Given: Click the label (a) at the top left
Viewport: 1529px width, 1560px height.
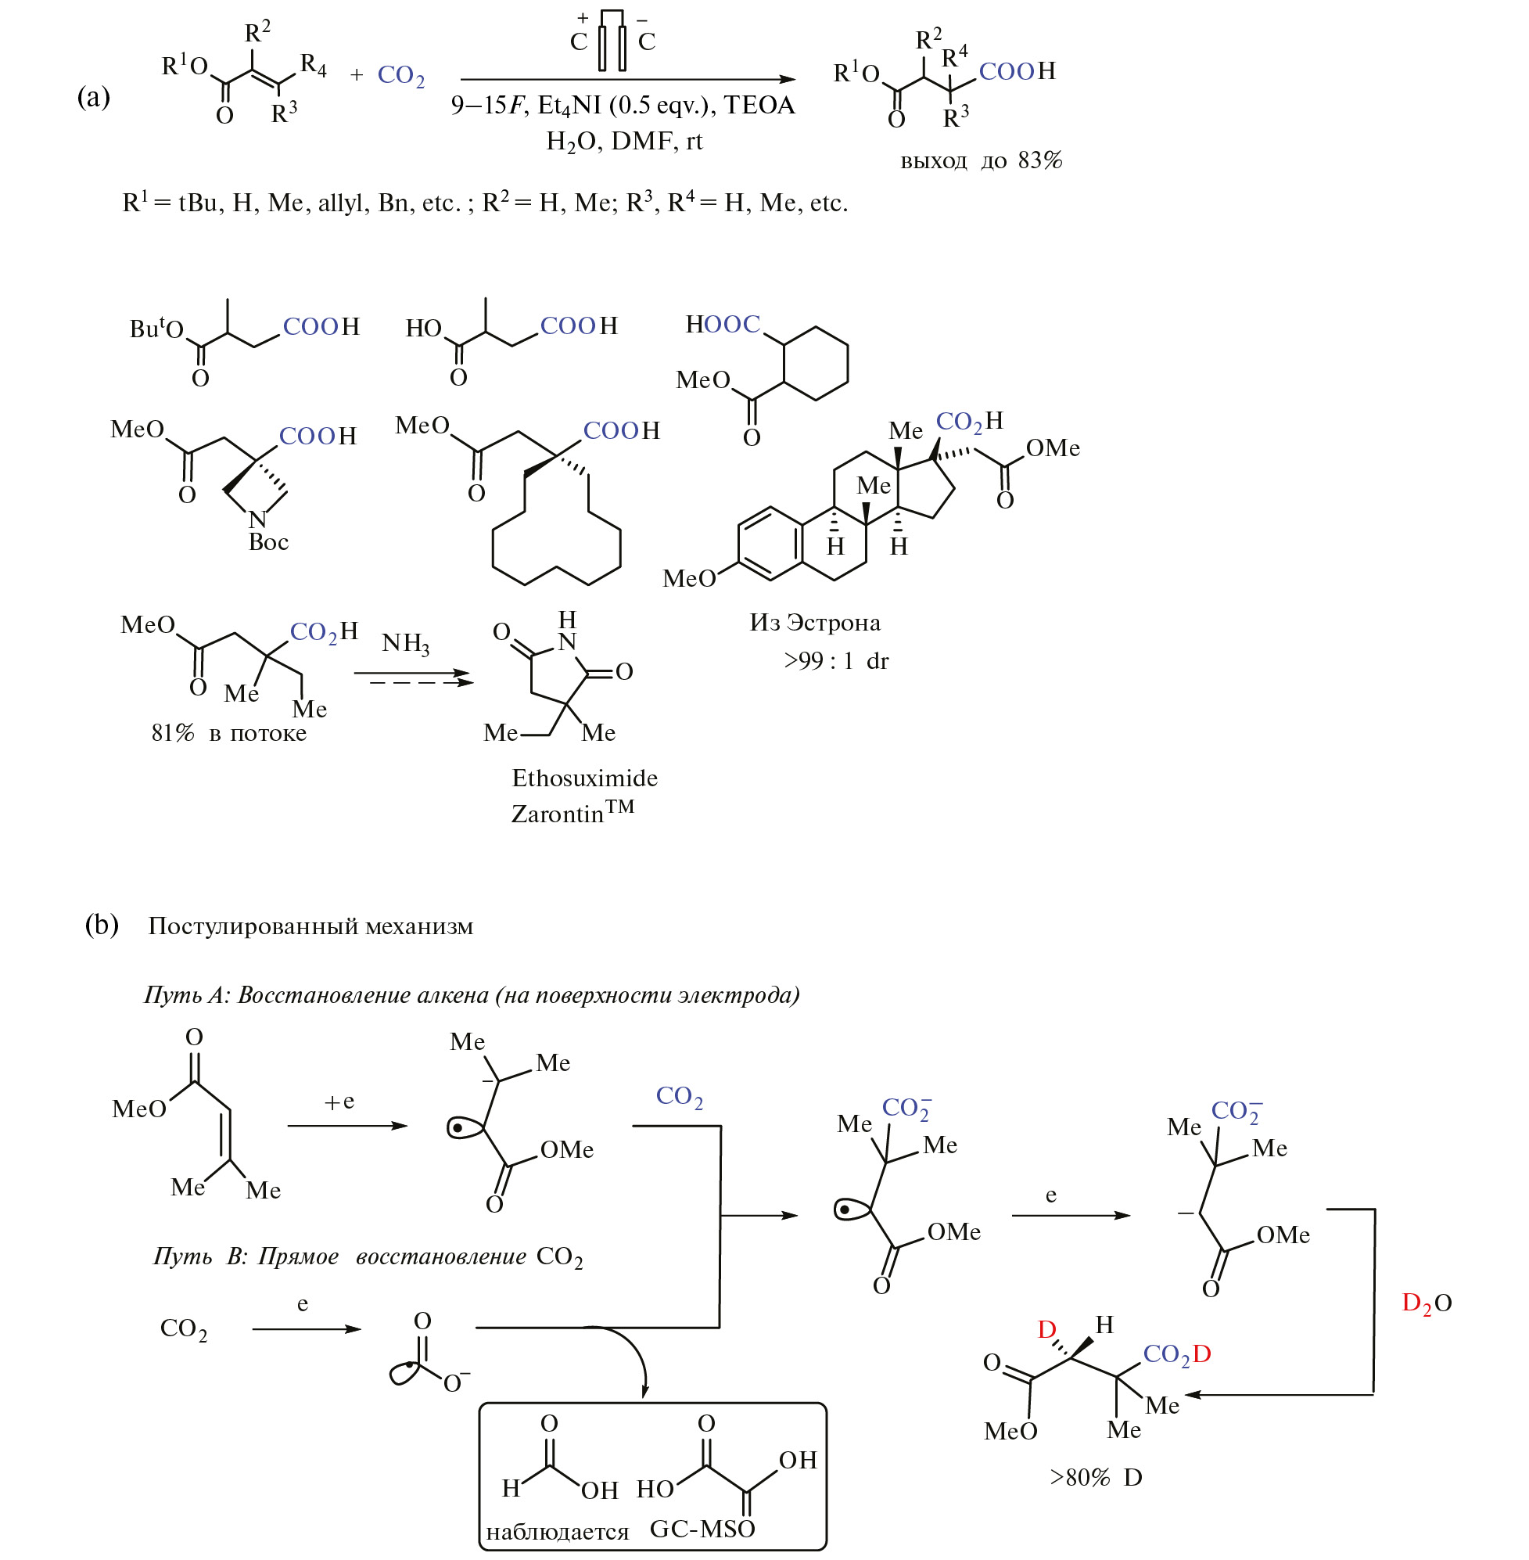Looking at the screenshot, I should click(x=93, y=97).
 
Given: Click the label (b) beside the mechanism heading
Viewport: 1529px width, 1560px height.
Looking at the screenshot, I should click(x=102, y=925).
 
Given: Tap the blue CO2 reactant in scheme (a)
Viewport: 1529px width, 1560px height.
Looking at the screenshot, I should click(x=400, y=76).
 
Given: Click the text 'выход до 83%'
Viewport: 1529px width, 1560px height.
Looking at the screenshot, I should click(x=981, y=160).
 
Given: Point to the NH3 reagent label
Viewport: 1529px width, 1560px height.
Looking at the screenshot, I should click(x=405, y=643).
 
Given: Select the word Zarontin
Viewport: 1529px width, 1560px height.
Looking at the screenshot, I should click(x=558, y=814).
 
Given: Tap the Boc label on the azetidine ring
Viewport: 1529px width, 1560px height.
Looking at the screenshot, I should click(x=268, y=542).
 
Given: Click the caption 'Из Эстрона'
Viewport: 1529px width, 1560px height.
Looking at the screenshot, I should click(x=814, y=623).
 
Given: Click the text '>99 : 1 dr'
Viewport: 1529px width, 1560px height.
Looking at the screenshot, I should click(x=836, y=660).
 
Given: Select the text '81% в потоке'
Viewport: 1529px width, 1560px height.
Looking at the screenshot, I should click(x=229, y=732).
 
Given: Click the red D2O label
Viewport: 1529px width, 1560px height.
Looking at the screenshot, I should click(x=1426, y=1302).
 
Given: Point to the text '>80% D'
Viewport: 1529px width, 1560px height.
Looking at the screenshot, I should click(x=1096, y=1476).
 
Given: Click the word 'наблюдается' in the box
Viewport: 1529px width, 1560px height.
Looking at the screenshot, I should click(x=558, y=1531).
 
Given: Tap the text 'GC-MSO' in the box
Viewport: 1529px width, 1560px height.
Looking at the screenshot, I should click(x=702, y=1528).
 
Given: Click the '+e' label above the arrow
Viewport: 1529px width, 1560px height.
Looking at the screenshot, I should click(x=339, y=1102).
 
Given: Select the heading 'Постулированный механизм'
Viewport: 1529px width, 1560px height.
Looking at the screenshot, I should click(x=310, y=926).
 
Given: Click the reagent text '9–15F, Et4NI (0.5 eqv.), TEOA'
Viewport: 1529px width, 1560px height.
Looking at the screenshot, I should click(x=623, y=106).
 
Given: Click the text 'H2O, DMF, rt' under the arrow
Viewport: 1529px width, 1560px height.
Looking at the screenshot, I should click(x=624, y=142).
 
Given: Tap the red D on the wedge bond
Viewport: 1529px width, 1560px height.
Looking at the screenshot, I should click(x=1046, y=1330).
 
